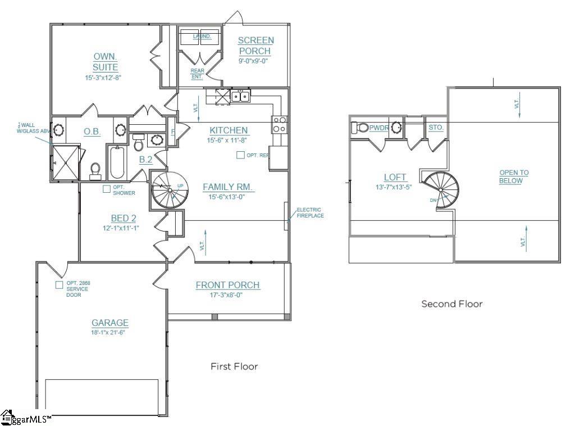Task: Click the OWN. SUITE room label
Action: [106, 62]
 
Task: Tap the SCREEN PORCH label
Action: [255, 46]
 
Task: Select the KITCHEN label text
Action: [229, 130]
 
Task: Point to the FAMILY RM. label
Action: [229, 187]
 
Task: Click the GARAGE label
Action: [110, 323]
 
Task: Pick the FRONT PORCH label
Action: [227, 285]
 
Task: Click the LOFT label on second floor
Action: [395, 178]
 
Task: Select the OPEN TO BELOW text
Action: [514, 176]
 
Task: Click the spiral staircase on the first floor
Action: [170, 189]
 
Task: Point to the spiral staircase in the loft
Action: [442, 189]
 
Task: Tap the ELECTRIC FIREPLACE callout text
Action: [309, 212]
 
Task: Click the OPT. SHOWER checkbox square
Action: [106, 189]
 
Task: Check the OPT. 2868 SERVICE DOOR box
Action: [59, 285]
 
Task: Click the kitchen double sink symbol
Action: [241, 97]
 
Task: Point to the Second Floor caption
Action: [451, 304]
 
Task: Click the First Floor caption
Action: [234, 366]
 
